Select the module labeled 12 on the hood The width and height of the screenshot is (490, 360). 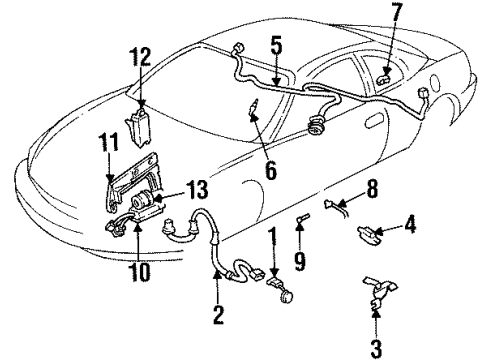coord(139,124)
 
